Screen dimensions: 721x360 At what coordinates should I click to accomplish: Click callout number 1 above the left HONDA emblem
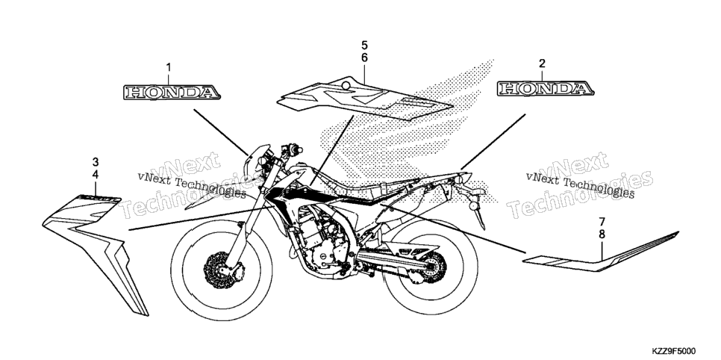pos(168,68)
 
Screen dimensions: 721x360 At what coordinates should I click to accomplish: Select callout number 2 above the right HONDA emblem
pos(542,63)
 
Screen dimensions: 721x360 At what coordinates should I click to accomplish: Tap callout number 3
pos(96,162)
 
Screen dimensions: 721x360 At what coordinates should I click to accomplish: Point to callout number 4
pos(96,175)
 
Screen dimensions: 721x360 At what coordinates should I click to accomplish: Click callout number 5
pos(364,45)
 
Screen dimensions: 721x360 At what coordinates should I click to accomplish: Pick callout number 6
pos(364,58)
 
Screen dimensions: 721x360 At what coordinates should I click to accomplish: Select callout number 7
pos(602,221)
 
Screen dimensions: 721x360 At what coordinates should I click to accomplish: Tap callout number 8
pos(602,235)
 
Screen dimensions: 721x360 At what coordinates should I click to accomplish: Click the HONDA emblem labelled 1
pos(172,92)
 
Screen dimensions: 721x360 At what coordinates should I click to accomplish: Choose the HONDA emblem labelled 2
pos(546,88)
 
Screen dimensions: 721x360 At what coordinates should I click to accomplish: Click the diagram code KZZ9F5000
pos(674,351)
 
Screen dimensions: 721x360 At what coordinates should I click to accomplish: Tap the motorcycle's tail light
pos(465,178)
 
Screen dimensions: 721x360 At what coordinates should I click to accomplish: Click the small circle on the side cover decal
pos(346,84)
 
